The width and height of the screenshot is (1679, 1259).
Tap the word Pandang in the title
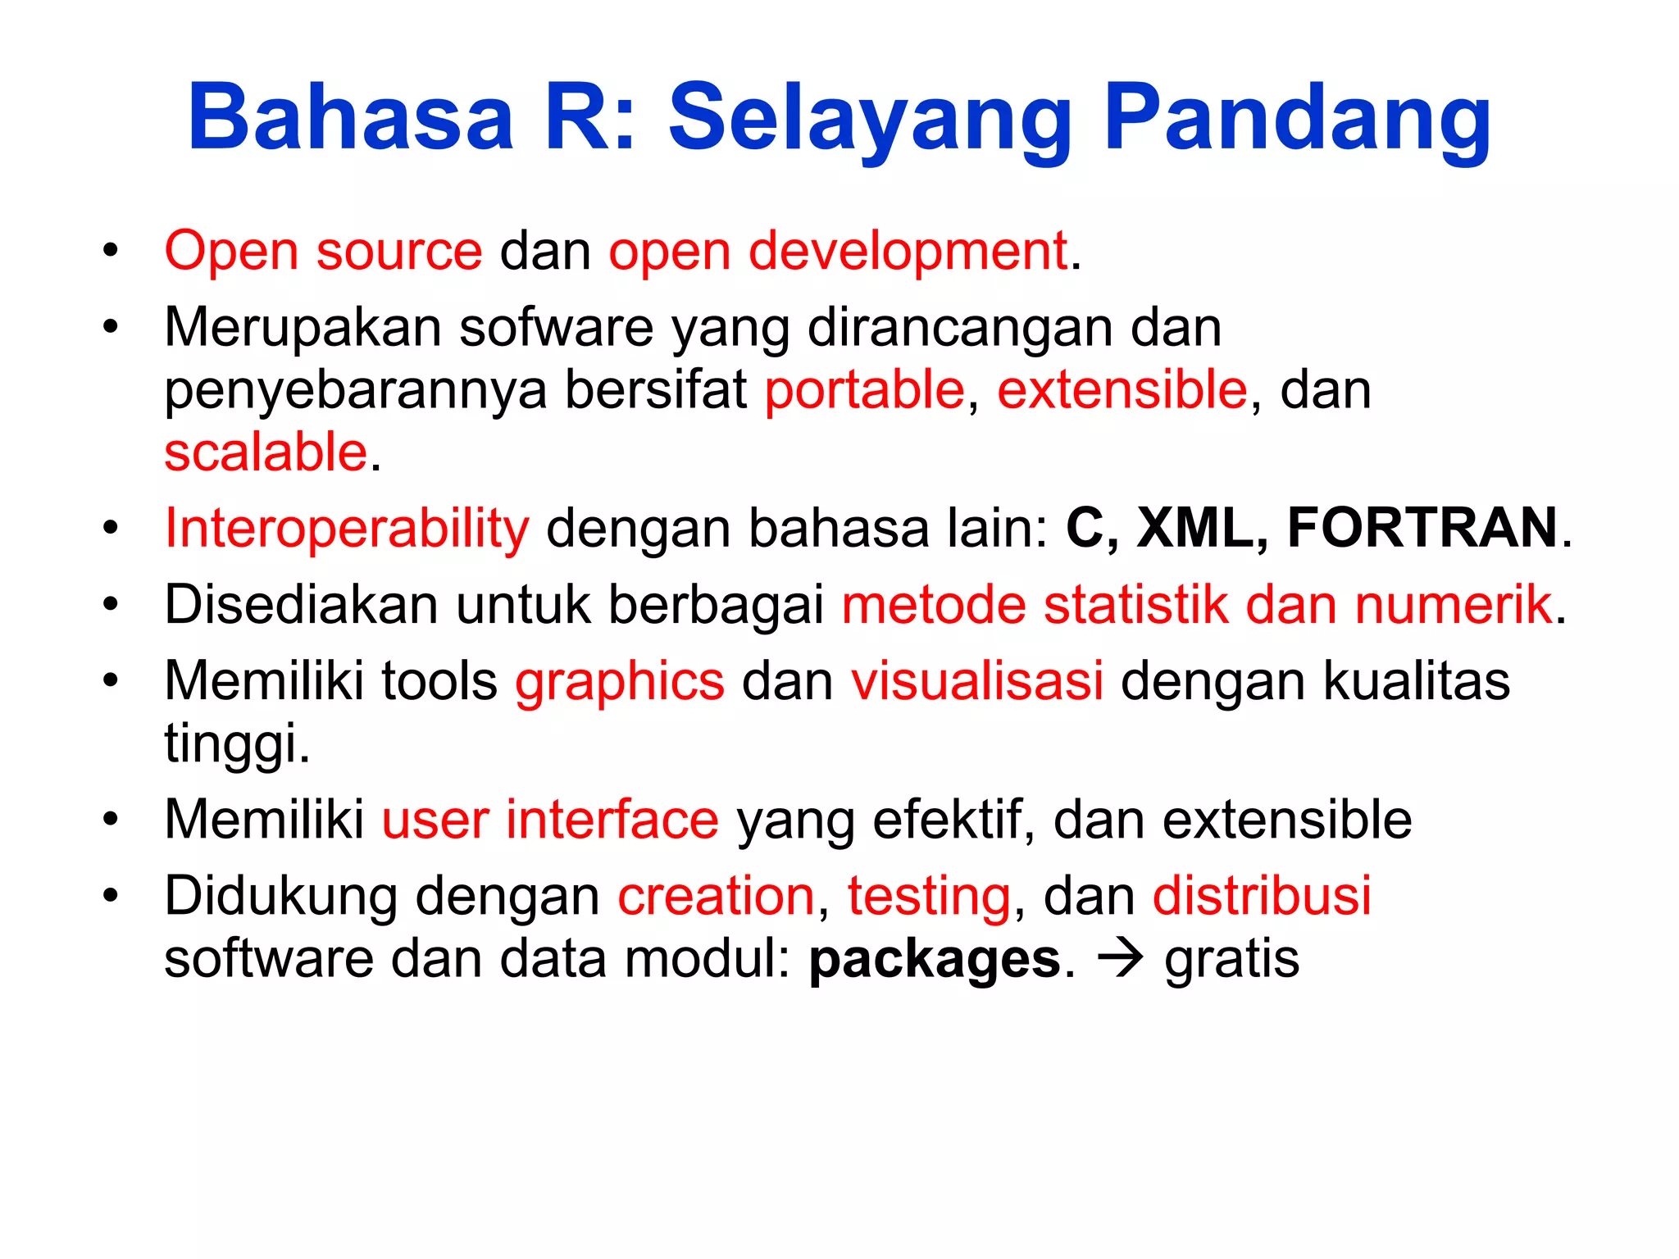[1297, 119]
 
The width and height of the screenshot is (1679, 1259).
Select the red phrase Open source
[323, 250]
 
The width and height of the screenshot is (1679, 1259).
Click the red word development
[907, 251]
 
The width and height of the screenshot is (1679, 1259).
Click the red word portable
[864, 389]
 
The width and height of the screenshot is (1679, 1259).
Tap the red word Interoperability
[347, 529]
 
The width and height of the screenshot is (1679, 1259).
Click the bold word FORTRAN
[1422, 527]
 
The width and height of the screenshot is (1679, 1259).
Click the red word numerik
[1453, 605]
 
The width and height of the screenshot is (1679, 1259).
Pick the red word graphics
[620, 682]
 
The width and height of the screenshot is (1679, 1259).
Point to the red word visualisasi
[976, 680]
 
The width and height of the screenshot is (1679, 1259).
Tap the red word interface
[612, 819]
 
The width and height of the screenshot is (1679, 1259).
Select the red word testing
[928, 896]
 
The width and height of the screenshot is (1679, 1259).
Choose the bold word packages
[935, 960]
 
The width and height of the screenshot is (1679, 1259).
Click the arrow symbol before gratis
[1120, 958]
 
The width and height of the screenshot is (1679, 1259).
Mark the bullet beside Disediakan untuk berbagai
[111, 605]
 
